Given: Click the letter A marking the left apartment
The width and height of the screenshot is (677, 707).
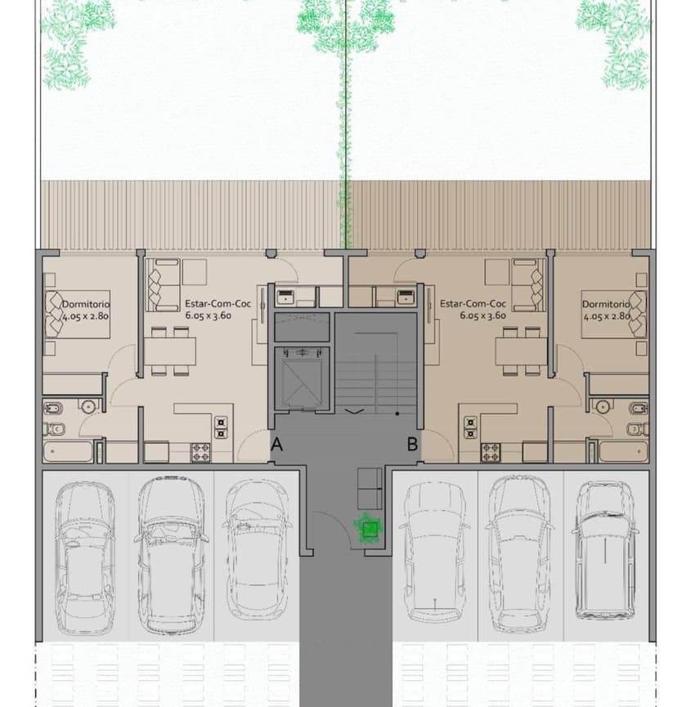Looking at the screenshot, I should (x=277, y=445).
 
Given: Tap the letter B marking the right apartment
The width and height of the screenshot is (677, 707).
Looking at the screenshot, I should (x=413, y=445).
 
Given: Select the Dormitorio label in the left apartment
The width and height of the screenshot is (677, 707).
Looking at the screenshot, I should (x=86, y=304).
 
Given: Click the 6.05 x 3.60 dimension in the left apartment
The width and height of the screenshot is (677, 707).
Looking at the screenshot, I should (x=208, y=315).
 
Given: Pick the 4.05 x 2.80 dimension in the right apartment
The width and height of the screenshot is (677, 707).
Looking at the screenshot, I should (x=606, y=315).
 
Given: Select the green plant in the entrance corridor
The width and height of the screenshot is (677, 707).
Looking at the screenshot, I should (x=370, y=530).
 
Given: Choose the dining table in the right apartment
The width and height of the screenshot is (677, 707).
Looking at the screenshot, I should (x=520, y=351).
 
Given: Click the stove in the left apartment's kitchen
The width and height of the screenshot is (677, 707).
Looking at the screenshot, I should (x=201, y=450).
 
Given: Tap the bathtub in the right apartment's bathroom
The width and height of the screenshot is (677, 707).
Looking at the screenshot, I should (x=622, y=451).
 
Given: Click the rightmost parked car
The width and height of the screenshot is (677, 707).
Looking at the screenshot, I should (x=605, y=549).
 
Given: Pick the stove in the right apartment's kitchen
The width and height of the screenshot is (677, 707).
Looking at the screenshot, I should (x=491, y=450).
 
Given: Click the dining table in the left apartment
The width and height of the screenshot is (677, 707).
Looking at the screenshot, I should (x=172, y=351).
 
